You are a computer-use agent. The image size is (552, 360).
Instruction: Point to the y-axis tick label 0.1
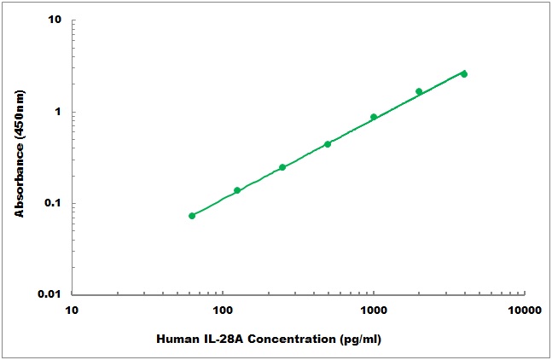55,203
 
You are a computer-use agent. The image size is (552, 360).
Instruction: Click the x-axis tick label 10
72,311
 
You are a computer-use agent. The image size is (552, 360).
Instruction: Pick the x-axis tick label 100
223,311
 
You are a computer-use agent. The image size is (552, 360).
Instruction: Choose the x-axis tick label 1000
374,311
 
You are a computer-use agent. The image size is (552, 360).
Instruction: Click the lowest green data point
192,216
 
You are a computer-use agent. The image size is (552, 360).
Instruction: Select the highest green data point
464,74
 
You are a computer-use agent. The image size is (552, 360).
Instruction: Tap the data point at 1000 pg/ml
374,117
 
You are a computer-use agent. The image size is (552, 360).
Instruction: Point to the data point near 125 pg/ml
237,190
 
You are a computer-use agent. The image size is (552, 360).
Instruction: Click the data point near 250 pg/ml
282,167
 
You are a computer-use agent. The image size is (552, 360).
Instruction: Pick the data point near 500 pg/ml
328,144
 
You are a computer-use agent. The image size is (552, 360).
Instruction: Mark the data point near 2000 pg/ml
419,91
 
